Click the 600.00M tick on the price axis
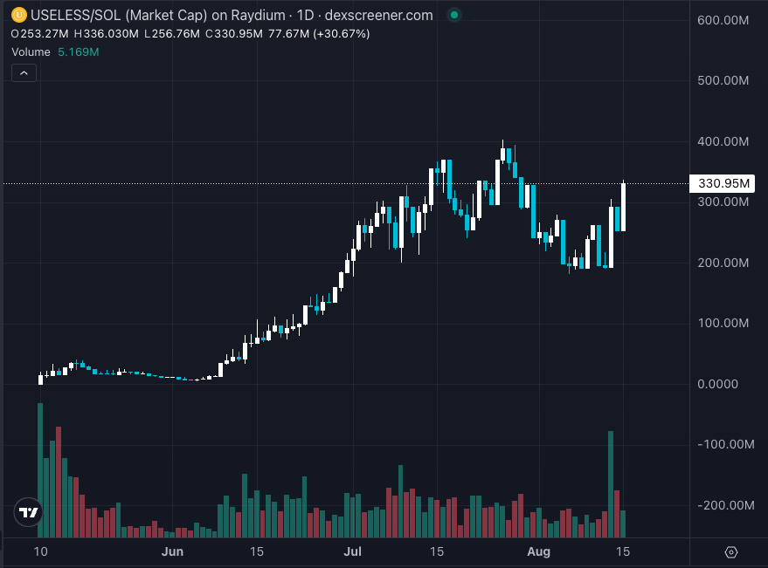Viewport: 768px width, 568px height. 725,20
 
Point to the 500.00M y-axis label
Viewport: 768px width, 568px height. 725,81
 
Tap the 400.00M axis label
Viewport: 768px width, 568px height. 725,141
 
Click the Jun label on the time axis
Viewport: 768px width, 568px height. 173,551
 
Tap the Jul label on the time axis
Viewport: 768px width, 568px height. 353,551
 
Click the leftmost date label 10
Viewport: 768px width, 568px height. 40,551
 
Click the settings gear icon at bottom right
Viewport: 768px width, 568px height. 731,551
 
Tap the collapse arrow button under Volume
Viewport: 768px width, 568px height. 24,73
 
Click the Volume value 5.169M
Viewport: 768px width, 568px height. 79,52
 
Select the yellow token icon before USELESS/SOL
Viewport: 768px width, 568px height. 17,16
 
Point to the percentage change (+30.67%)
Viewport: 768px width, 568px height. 340,34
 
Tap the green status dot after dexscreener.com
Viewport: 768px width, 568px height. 452,16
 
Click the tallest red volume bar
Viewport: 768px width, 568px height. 59,482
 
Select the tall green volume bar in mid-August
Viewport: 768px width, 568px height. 611,483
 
